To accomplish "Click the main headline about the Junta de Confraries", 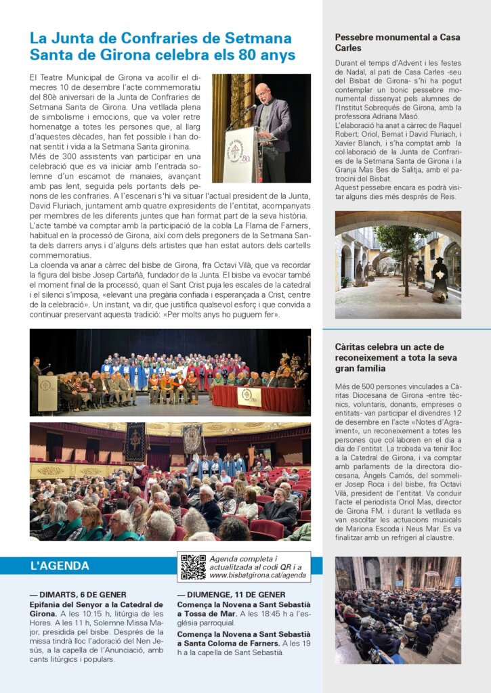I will pos(162,46).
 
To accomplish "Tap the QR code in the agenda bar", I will pos(193,567).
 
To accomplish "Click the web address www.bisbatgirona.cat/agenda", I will pos(257,576).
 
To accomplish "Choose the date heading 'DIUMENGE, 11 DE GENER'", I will pos(231,594).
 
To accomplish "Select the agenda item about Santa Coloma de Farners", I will pos(244,639).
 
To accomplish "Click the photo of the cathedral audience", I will pos(398,610).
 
